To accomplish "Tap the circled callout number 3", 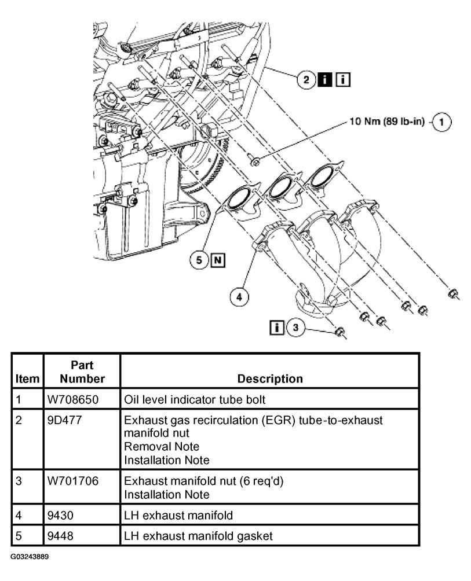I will [296, 328].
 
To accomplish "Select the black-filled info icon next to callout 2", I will [326, 79].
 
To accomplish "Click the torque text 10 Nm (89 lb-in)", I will [386, 122].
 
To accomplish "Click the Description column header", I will [269, 378].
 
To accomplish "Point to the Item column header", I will [28, 378].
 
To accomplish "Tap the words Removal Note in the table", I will [162, 446].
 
